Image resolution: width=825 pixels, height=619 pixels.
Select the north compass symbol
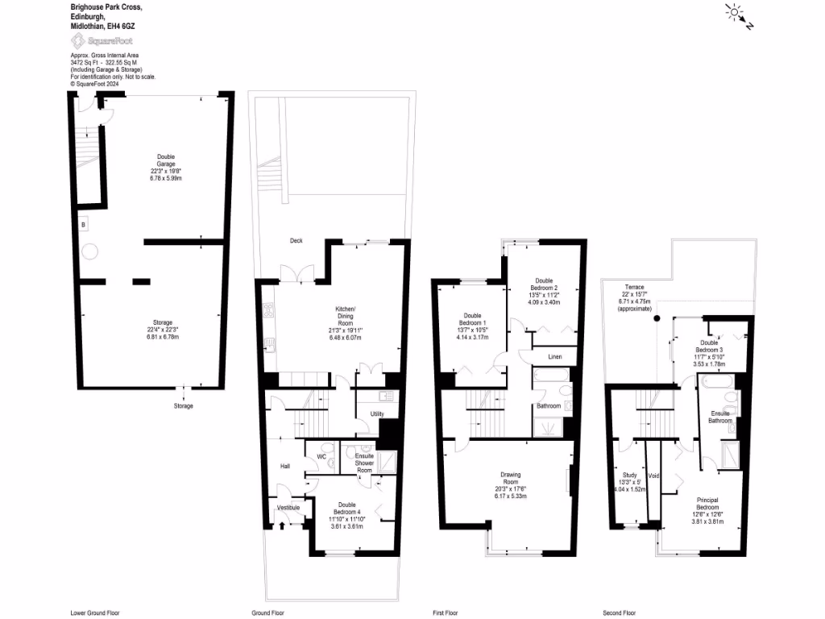click(738, 15)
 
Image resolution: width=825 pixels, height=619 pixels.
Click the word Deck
click(298, 241)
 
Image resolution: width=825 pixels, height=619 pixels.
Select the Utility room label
click(376, 414)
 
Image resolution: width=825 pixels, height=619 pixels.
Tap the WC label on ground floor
click(321, 457)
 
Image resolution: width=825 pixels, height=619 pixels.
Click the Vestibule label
click(288, 508)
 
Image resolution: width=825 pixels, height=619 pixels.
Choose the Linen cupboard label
click(555, 356)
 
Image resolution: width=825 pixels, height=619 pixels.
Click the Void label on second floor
click(653, 476)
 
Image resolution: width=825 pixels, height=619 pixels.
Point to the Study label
click(630, 476)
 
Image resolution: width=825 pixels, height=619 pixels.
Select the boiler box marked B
click(83, 223)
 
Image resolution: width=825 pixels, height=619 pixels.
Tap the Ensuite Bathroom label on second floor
click(719, 418)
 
